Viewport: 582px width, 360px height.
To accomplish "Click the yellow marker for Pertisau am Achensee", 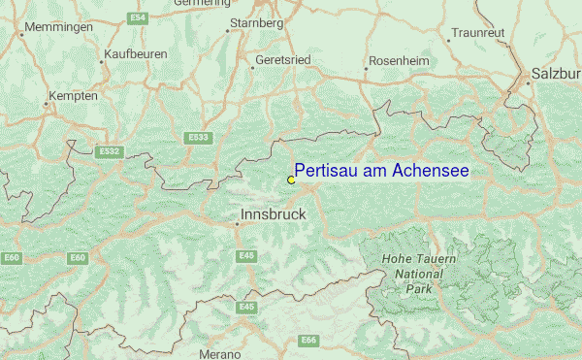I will point(291,180).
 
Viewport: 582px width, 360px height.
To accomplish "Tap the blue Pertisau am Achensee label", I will point(381,171).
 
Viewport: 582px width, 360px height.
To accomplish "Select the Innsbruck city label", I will point(273,213).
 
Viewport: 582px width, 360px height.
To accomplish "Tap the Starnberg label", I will point(256,22).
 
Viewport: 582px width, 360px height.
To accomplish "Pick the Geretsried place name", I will point(282,59).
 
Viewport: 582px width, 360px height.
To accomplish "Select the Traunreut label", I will point(478,32).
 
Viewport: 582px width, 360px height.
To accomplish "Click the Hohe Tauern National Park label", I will point(418,275).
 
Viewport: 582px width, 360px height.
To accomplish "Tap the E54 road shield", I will point(138,17).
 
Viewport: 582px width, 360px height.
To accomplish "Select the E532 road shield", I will point(110,151).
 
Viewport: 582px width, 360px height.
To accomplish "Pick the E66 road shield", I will point(309,340).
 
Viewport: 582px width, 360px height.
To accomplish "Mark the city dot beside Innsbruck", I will point(237,224).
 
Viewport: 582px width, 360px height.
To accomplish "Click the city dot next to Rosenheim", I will point(366,69).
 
